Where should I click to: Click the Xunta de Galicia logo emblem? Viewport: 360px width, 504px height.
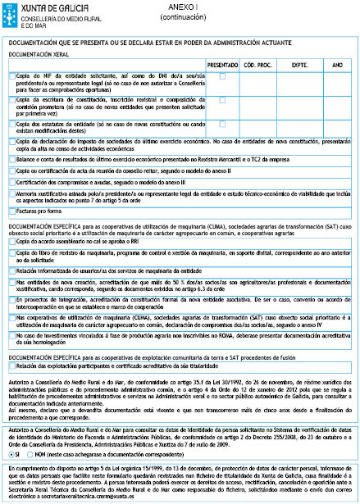(x=11, y=11)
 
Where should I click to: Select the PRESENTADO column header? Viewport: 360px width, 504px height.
(x=221, y=62)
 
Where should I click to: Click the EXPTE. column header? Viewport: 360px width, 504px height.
(x=299, y=62)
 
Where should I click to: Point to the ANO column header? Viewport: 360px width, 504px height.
(x=338, y=62)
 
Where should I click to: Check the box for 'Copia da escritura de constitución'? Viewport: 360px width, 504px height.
(x=12, y=100)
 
